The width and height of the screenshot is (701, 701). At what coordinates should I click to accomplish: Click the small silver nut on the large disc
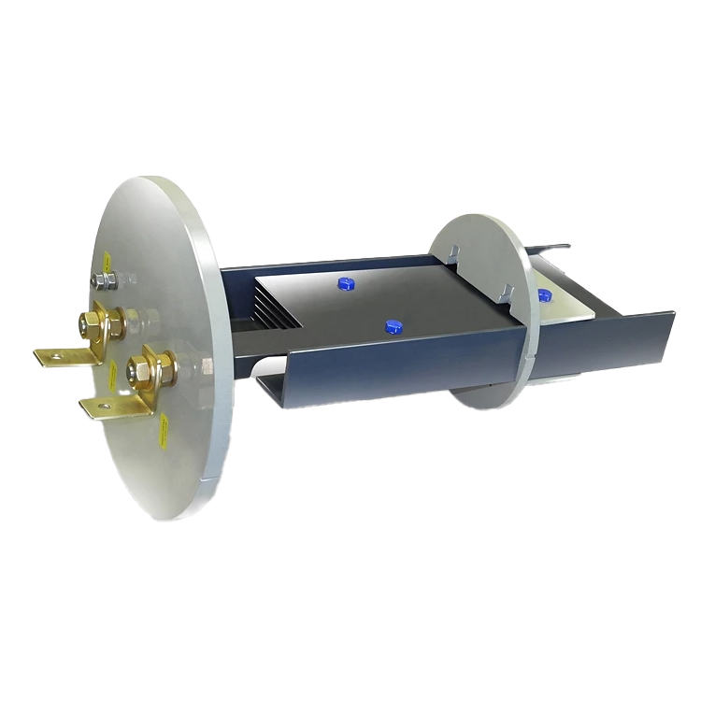point(105,279)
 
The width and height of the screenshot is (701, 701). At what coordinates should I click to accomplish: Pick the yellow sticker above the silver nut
point(107,258)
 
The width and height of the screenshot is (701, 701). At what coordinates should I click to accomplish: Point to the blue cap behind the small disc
point(543,295)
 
